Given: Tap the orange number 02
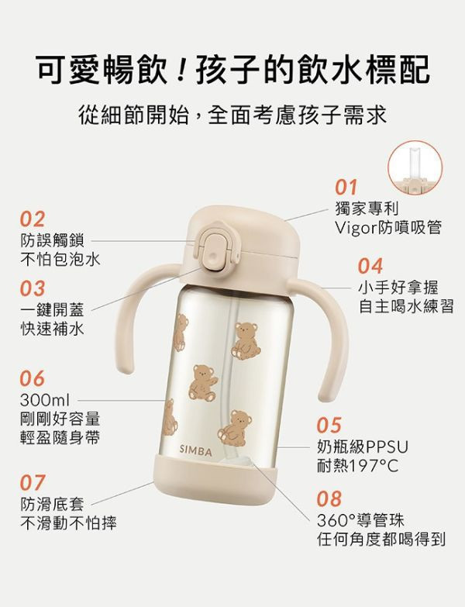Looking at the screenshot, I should (x=33, y=218).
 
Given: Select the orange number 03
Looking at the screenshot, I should (x=33, y=288).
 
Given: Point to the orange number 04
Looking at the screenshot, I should (x=370, y=265).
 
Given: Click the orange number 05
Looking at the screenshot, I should (x=329, y=426).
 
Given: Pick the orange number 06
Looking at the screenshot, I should (x=33, y=380).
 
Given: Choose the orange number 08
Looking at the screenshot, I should (x=329, y=498).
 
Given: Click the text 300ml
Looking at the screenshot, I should (x=45, y=401).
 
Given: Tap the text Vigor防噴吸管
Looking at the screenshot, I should (x=388, y=227).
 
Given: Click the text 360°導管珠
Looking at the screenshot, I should (x=360, y=519).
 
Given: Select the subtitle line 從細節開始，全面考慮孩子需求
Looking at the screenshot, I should (x=232, y=116).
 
